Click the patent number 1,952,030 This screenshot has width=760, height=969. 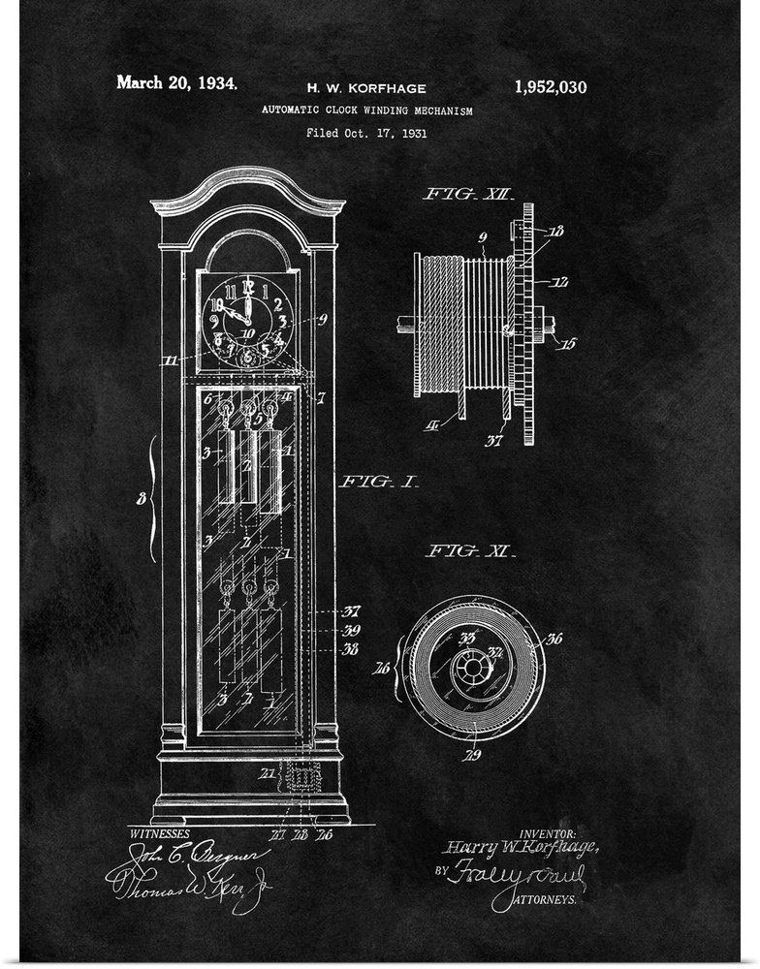tap(550, 86)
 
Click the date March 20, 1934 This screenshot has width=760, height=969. tap(176, 82)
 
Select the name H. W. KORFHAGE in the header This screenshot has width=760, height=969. tap(366, 88)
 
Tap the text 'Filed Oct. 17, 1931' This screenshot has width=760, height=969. tap(366, 133)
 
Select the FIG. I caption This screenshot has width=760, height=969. tap(378, 481)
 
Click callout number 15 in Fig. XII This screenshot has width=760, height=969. tap(568, 343)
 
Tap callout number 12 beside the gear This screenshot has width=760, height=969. tap(560, 283)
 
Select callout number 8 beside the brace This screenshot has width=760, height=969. tap(141, 500)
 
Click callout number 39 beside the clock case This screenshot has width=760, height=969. tap(351, 630)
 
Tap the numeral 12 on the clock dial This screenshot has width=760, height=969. tap(246, 286)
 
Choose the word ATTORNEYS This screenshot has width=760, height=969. tap(543, 899)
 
